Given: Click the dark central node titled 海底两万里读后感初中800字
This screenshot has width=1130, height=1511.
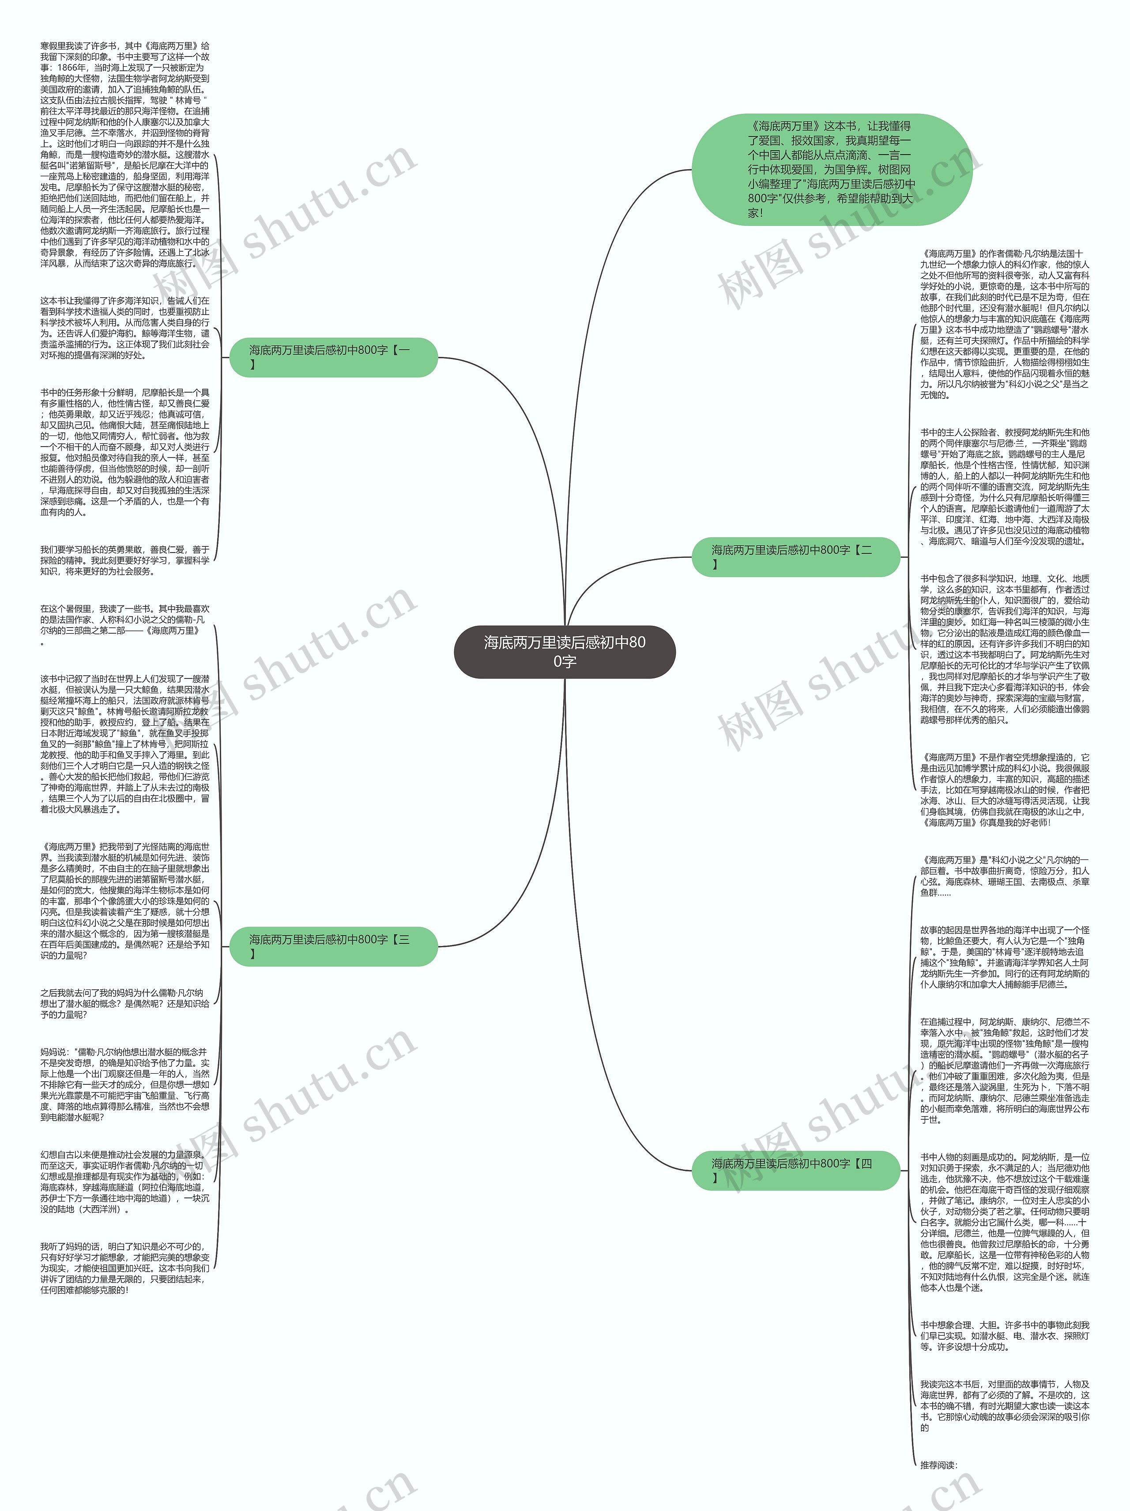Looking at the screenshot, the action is (565, 651).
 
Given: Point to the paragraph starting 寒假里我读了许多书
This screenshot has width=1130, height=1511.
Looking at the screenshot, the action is (125, 155).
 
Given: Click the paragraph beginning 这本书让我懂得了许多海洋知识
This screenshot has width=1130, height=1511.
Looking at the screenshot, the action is (125, 327).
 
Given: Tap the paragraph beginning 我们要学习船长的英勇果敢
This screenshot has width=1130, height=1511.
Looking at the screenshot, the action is (125, 560).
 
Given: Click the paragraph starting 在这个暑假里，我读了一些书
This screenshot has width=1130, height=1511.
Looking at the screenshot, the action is (125, 625).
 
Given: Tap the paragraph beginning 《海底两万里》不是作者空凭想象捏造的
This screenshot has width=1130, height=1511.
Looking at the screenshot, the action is (1004, 790).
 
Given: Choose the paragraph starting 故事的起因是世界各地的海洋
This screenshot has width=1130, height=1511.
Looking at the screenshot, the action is (1004, 957).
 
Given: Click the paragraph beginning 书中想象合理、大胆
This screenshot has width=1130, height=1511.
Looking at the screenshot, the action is (1004, 1336).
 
